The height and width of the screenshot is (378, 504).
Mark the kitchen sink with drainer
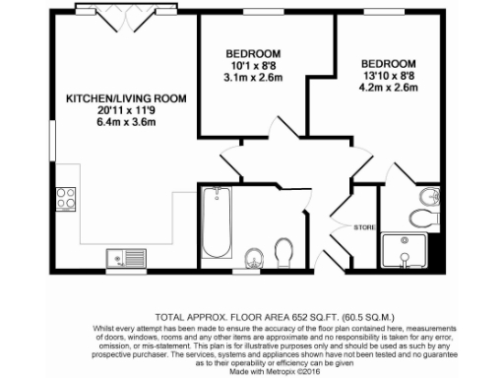[x=126, y=259]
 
